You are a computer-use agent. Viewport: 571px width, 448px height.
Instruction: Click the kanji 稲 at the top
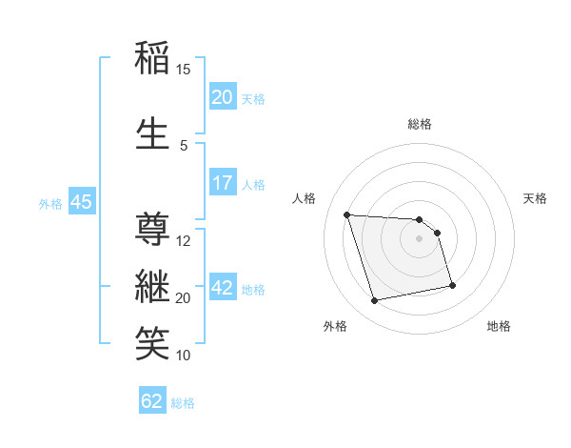(153, 58)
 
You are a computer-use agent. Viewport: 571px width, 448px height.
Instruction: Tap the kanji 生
(153, 133)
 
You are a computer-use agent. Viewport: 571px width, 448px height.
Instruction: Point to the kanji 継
(153, 285)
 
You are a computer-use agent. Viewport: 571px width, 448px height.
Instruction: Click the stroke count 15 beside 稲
(183, 70)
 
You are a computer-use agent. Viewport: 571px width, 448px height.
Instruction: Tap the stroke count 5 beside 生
(184, 146)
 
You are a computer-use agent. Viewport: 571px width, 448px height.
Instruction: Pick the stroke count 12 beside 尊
(184, 240)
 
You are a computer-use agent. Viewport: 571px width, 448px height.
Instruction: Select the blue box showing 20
(222, 97)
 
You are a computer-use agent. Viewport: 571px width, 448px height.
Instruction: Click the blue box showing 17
(222, 183)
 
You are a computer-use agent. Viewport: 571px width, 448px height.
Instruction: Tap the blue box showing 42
(222, 288)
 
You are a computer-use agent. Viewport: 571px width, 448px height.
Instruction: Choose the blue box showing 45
(81, 202)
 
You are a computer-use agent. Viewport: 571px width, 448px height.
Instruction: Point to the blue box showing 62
(152, 401)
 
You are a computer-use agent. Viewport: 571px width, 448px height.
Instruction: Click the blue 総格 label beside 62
(183, 403)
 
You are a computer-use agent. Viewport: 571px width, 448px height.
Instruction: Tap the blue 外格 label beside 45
(50, 203)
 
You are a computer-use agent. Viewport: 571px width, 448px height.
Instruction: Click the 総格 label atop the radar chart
(420, 124)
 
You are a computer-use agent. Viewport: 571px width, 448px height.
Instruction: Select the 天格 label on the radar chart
(536, 198)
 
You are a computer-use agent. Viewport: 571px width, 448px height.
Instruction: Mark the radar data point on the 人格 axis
(347, 214)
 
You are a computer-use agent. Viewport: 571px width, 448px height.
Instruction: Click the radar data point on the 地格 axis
(452, 285)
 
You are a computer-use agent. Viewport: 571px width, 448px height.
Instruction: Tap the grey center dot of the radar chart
(420, 238)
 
